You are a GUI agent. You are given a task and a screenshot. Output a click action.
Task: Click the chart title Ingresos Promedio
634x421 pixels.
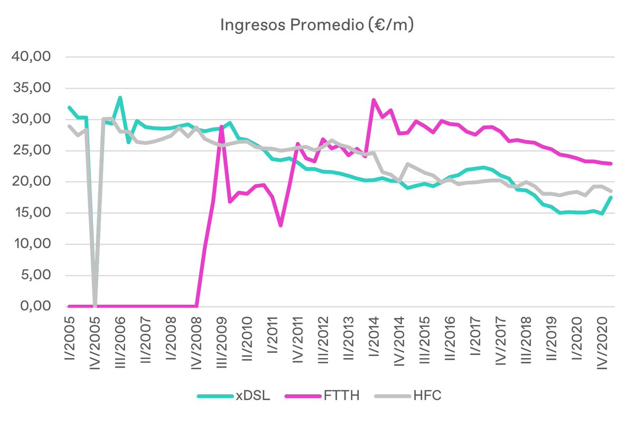click(x=316, y=25)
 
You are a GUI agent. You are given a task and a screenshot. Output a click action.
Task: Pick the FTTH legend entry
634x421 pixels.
click(x=342, y=395)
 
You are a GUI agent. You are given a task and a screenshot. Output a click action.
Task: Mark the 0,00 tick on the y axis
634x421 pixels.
click(x=34, y=306)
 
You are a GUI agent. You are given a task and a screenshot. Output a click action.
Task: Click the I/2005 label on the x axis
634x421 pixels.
click(x=69, y=338)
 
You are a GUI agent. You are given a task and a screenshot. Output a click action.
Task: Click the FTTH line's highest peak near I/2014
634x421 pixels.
click(x=374, y=100)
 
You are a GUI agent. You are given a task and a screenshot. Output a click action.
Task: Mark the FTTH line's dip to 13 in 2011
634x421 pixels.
click(x=281, y=226)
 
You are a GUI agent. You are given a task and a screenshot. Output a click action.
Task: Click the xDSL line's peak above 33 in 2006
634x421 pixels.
click(x=120, y=98)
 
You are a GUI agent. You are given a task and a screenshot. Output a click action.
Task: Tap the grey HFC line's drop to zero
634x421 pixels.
click(x=95, y=306)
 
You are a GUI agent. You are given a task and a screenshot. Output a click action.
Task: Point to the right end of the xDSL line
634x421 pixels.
click(x=611, y=198)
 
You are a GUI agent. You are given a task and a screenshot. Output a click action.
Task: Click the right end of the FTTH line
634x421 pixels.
click(x=611, y=163)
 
